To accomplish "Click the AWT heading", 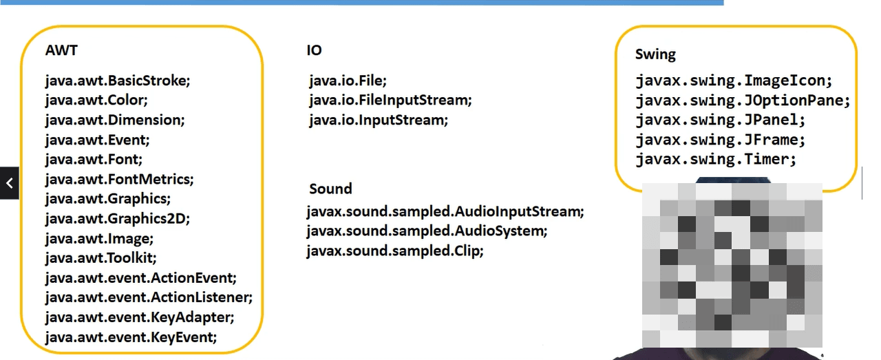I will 61,50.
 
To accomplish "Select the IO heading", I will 314,50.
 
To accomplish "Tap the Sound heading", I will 330,189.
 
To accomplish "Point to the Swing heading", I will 655,54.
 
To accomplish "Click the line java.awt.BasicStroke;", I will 118,81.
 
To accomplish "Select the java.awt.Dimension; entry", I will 116,120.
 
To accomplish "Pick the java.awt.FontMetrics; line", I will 120,180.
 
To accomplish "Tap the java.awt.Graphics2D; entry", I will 117,219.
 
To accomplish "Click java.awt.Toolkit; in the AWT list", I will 101,258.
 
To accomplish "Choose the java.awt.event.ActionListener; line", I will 149,297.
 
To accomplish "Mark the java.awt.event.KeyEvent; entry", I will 131,337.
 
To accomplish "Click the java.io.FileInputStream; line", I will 390,100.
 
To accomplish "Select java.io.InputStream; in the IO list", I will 379,120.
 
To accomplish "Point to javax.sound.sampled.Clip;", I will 395,251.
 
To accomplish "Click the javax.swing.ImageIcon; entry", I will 734,81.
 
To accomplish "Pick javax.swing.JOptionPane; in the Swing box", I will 743,100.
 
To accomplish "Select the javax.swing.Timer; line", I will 716,160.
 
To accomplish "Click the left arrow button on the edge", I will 9,183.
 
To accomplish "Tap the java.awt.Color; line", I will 96,100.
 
